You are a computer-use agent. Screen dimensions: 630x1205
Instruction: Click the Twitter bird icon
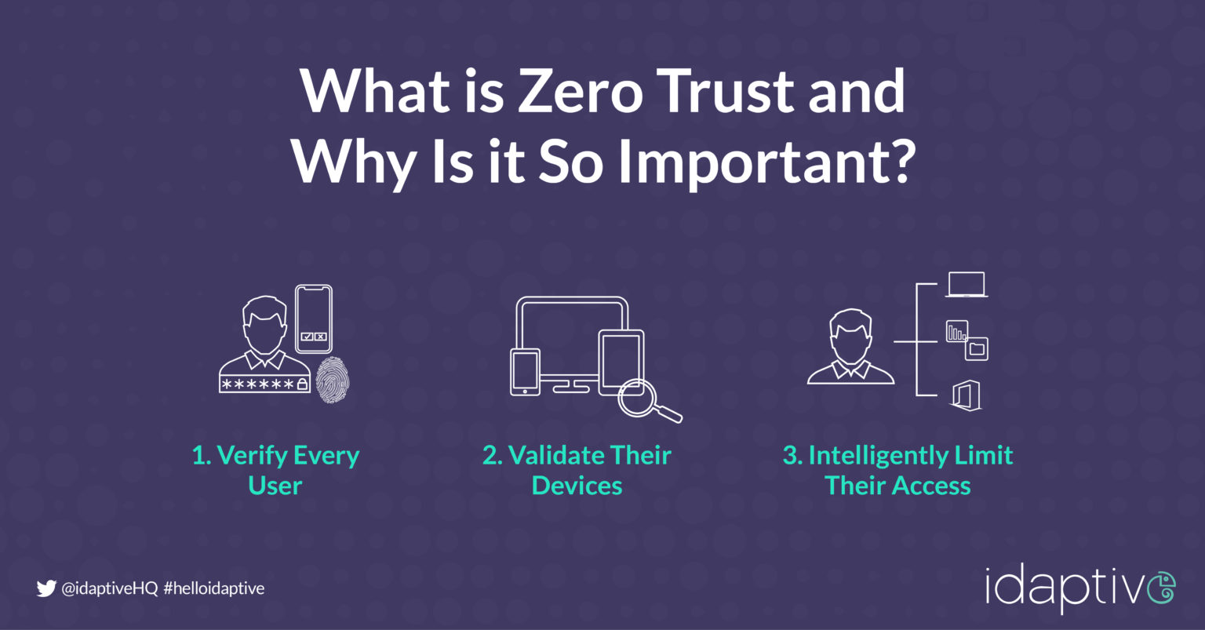pos(46,588)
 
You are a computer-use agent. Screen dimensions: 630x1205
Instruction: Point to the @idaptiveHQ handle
pos(110,588)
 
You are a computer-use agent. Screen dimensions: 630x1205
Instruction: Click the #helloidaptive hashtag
pos(214,588)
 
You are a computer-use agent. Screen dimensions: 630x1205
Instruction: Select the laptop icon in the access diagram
pos(966,285)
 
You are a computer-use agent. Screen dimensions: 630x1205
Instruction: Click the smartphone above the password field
pos(314,318)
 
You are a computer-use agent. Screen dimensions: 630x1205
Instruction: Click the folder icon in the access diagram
pos(977,348)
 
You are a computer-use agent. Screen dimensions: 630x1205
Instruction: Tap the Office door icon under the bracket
pos(965,395)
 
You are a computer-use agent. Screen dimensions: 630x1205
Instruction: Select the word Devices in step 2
pos(577,486)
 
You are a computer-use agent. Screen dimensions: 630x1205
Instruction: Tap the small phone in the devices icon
pos(525,371)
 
